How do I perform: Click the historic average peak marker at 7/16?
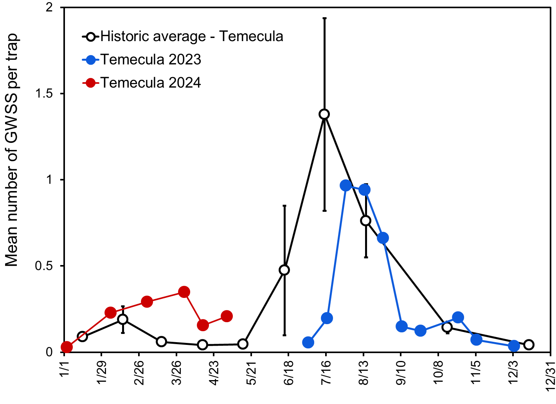point(324,114)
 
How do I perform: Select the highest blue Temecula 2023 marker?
point(346,186)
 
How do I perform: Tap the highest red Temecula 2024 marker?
point(184,292)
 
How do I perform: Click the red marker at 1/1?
point(67,347)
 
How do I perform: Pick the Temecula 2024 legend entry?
point(151,83)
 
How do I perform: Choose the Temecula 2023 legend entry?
point(151,60)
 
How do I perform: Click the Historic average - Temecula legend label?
point(192,36)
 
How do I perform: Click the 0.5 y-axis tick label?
point(44,266)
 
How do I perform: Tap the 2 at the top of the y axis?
point(49,8)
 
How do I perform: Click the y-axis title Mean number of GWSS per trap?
point(12,151)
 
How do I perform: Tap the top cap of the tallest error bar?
point(324,18)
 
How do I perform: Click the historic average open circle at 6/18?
point(284,270)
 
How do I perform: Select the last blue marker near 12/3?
point(514,346)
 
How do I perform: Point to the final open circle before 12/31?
point(529,345)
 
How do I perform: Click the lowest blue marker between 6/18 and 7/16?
point(308,343)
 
